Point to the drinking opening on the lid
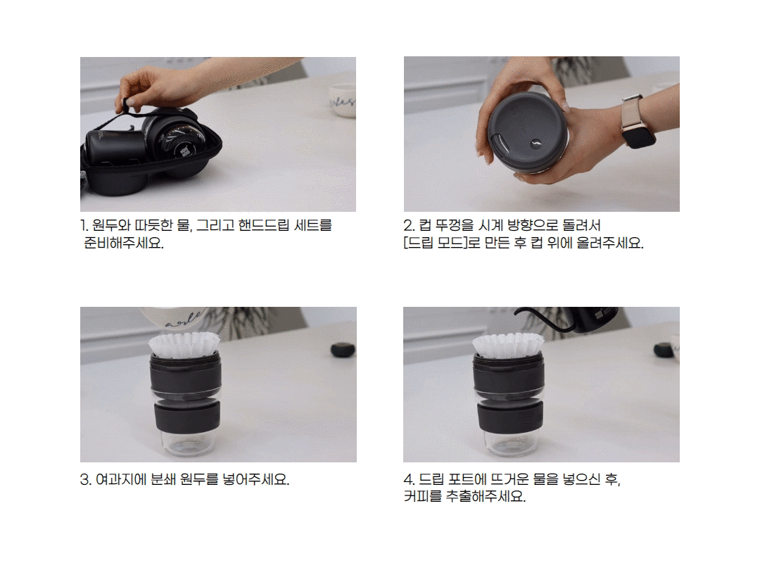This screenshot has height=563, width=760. pos(500,144)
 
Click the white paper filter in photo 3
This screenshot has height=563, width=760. pos(184,344)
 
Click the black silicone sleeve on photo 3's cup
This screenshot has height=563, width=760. pos(188,417)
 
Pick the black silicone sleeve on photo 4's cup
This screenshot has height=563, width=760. pos(510,417)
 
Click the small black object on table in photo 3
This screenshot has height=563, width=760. pos(343,350)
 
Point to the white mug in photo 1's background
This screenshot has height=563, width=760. pos(343,100)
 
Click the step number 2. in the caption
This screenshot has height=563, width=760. pos(409,225)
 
